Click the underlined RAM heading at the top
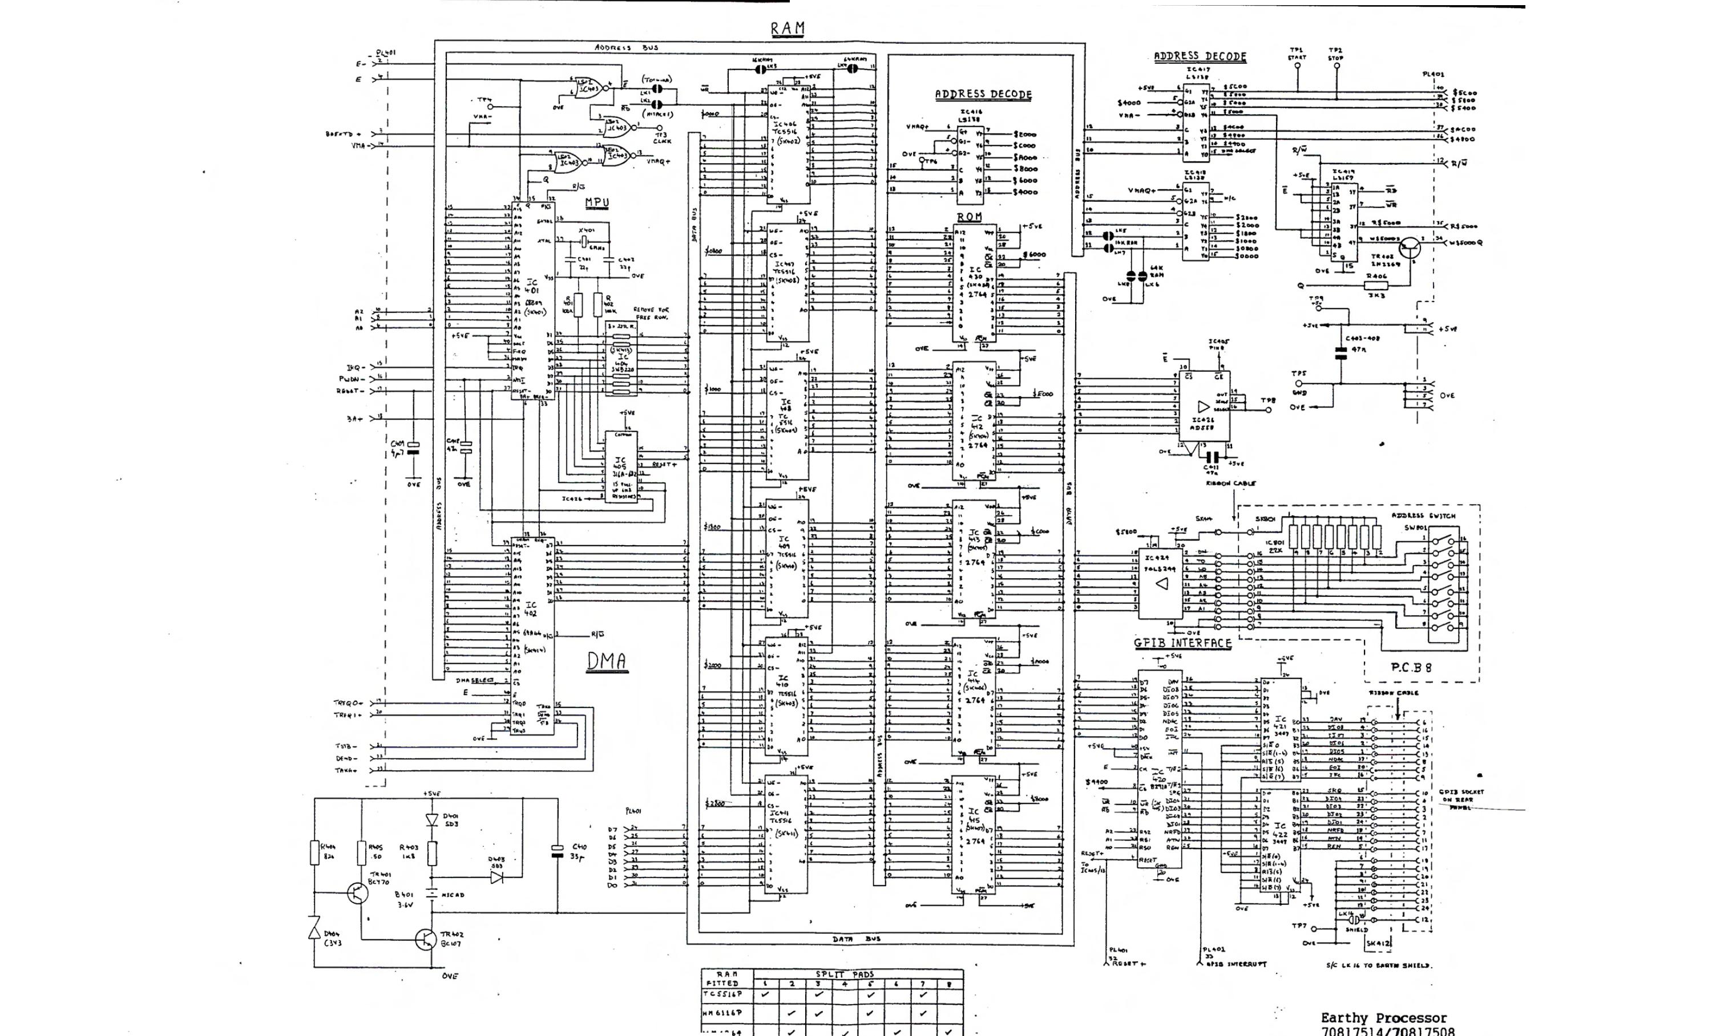pyautogui.click(x=787, y=29)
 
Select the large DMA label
pyautogui.click(x=607, y=661)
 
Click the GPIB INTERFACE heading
pyautogui.click(x=1182, y=644)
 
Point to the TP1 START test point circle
pyautogui.click(x=1297, y=87)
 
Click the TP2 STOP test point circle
pyautogui.click(x=1336, y=87)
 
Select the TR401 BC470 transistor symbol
pyautogui.click(x=358, y=893)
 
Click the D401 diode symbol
pyautogui.click(x=431, y=819)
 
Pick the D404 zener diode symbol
pyautogui.click(x=314, y=928)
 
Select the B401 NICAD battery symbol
pyautogui.click(x=431, y=895)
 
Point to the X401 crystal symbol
pyautogui.click(x=584, y=240)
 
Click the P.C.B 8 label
pyautogui.click(x=1411, y=667)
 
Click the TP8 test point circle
pyautogui.click(x=1268, y=410)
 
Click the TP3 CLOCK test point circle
pyautogui.click(x=660, y=128)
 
